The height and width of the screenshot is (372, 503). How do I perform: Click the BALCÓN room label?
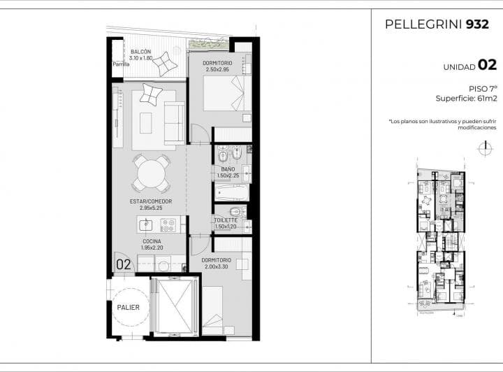coord(140,52)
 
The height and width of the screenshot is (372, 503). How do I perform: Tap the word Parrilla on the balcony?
coord(121,65)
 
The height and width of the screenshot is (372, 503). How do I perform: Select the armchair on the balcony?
coord(165,65)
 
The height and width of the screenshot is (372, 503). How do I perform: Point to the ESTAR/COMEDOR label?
coord(150,201)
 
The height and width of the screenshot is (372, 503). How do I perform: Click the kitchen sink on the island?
coord(146,224)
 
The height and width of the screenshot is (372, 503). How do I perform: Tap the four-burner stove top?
coord(168,224)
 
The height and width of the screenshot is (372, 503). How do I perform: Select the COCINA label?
coord(152,241)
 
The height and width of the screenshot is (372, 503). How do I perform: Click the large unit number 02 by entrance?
coord(124,264)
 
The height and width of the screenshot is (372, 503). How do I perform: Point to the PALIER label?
coord(129,307)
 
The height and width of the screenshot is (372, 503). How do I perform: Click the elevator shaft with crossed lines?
coord(175,306)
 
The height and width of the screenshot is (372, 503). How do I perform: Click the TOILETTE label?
coord(226,220)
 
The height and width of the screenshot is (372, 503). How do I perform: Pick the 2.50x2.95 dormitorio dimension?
coord(217,70)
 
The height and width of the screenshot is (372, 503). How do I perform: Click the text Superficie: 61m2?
coord(465,99)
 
